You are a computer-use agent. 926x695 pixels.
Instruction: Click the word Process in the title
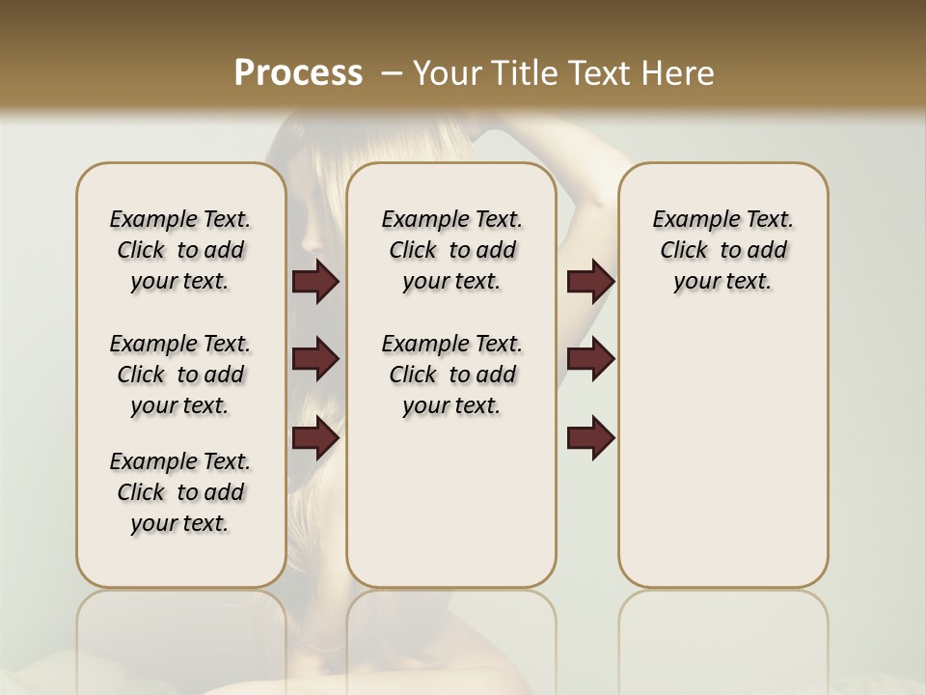coord(298,72)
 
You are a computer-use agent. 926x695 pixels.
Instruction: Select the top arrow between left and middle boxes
coord(315,281)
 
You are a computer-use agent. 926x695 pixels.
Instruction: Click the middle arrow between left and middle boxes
coord(315,359)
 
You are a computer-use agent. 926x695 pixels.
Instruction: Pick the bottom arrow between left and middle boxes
coord(315,438)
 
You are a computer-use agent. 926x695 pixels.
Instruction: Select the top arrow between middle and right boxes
coord(590,281)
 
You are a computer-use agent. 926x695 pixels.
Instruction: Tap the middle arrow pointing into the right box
coord(590,359)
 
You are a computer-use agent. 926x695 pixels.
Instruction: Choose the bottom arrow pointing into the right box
coord(590,438)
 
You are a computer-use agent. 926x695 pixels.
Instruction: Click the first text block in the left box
coord(180,250)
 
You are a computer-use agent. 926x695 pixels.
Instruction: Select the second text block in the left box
coord(180,375)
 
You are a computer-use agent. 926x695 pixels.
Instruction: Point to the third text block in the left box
coord(180,492)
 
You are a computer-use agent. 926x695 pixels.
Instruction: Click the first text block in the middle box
coord(451,250)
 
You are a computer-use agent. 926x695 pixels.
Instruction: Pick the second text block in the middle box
coord(451,375)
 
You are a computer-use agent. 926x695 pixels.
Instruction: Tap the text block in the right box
coord(722,250)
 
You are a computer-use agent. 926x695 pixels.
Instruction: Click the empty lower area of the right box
coord(722,463)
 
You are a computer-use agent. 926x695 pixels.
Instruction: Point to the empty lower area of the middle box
coord(451,502)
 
